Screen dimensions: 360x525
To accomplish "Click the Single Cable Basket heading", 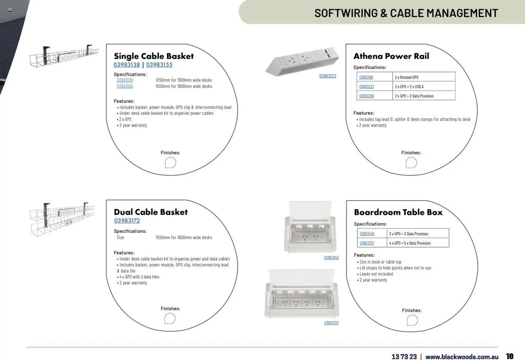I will point(154,56).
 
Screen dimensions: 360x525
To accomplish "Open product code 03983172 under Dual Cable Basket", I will point(127,221).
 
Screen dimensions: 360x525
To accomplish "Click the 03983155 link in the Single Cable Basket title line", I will point(159,65).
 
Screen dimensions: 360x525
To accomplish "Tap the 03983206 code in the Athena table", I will point(366,96).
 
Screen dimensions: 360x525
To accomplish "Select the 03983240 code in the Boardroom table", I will point(367,234).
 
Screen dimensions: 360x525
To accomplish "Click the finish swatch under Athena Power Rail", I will point(411,163).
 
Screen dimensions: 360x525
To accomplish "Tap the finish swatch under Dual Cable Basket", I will point(170,319).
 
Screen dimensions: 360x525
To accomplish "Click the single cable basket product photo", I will point(64,56).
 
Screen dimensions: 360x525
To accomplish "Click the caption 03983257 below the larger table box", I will point(331,323).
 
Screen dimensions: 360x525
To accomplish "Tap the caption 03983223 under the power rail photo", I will point(328,76).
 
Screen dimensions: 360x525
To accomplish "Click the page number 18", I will point(509,356).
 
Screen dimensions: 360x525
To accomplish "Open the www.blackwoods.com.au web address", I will point(462,357).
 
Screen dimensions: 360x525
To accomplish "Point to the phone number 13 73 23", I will point(404,357).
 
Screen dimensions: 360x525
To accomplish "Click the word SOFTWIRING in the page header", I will point(345,13).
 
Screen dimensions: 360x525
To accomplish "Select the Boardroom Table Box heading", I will point(398,212).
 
